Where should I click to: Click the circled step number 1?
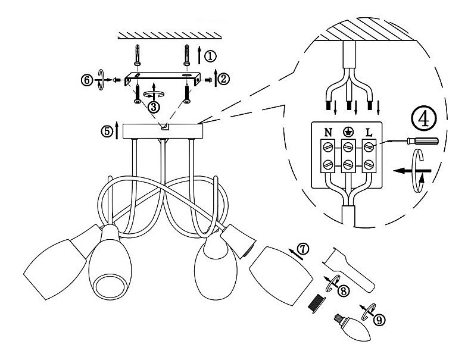[x=210, y=56]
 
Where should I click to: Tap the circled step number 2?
[x=224, y=79]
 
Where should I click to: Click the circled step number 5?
[x=107, y=131]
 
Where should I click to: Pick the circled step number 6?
[x=86, y=80]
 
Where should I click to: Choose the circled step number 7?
[x=302, y=249]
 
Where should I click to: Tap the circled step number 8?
[x=344, y=290]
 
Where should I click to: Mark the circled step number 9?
[x=379, y=320]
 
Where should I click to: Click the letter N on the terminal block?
[x=328, y=132]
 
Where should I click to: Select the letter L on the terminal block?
[x=369, y=132]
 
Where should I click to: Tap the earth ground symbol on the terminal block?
[x=348, y=132]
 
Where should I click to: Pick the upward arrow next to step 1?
[x=199, y=54]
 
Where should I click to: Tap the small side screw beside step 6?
[x=117, y=80]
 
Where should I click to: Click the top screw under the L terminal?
[x=368, y=146]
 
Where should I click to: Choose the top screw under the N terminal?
[x=328, y=146]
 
